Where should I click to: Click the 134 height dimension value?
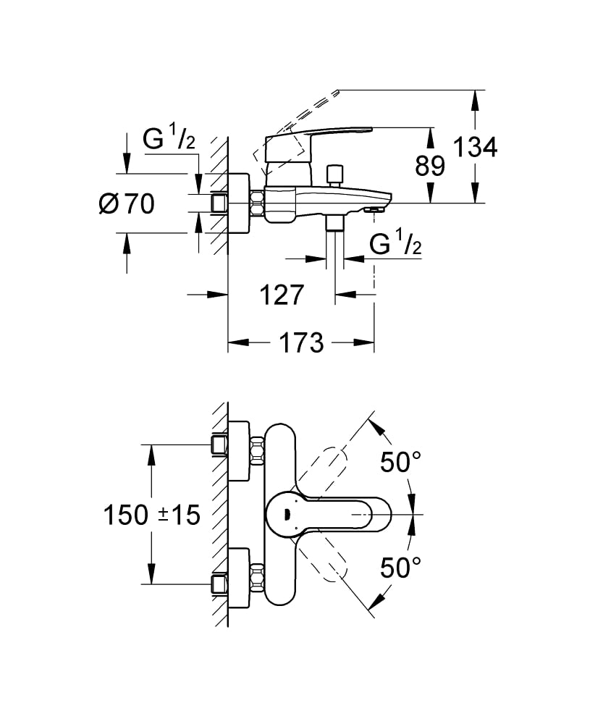(x=475, y=147)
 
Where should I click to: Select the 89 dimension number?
(x=430, y=167)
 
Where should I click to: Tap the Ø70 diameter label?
(x=127, y=204)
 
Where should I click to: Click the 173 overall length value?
(x=300, y=342)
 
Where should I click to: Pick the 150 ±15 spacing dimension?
(x=151, y=515)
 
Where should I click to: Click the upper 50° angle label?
(x=401, y=462)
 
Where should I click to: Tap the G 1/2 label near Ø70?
(x=169, y=139)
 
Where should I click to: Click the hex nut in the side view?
(x=257, y=203)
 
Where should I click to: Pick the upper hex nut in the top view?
(x=257, y=450)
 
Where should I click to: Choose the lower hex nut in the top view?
(x=257, y=580)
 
